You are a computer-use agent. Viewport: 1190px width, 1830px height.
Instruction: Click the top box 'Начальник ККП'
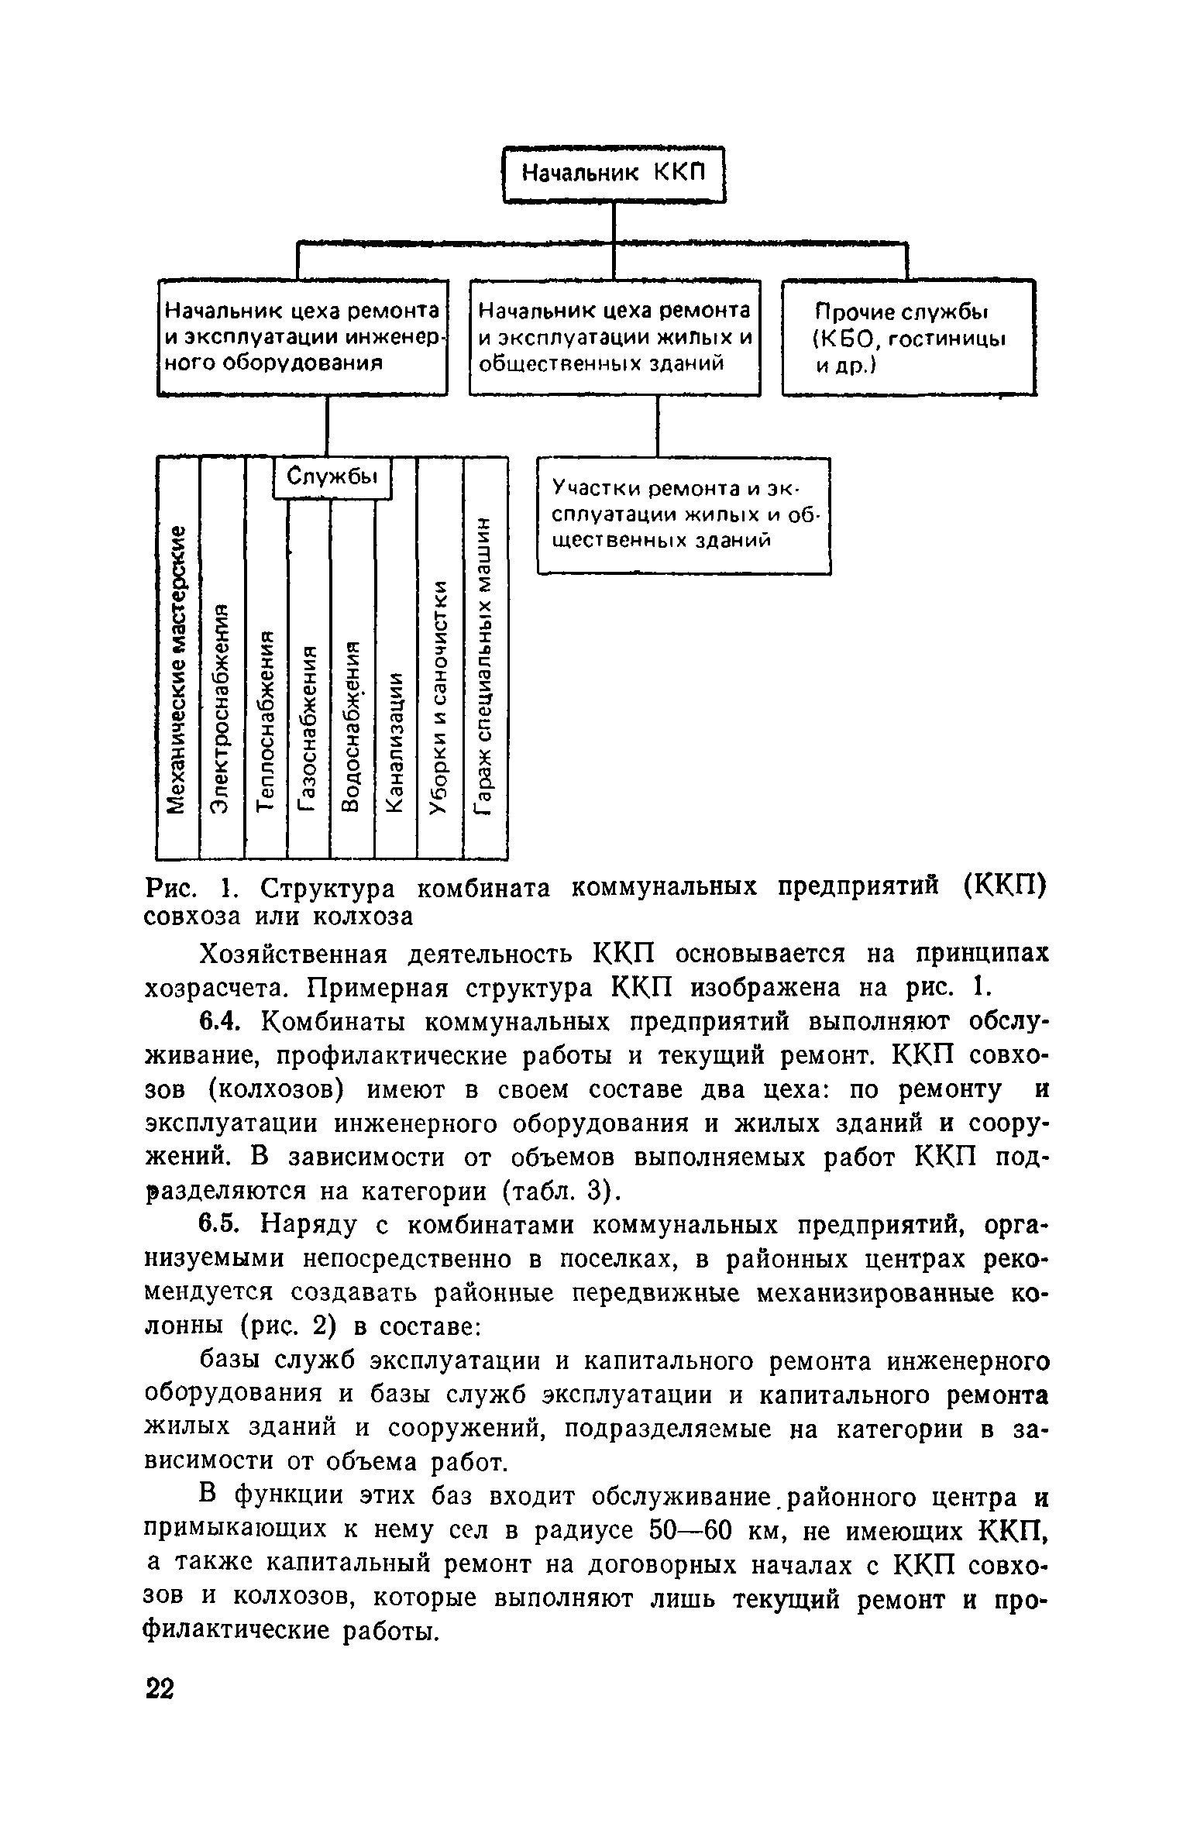pos(614,174)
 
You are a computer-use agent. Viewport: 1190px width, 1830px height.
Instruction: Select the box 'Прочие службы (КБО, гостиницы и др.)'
pos(908,338)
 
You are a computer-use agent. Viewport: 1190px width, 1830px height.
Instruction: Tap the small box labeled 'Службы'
pos(332,476)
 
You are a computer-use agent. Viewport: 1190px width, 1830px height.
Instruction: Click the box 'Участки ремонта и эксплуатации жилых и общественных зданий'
pos(683,514)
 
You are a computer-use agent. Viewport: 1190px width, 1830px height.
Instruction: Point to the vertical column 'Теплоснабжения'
pos(266,721)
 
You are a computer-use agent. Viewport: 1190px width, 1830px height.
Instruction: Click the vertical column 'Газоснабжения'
pos(308,728)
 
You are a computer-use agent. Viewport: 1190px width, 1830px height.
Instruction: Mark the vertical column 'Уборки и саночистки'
pos(439,697)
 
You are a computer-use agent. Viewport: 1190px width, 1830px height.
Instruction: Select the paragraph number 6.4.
pos(217,1022)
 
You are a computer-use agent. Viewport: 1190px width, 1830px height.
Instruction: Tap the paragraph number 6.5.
pos(217,1225)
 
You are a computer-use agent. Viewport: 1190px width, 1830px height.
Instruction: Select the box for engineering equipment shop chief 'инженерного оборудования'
pos(303,338)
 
